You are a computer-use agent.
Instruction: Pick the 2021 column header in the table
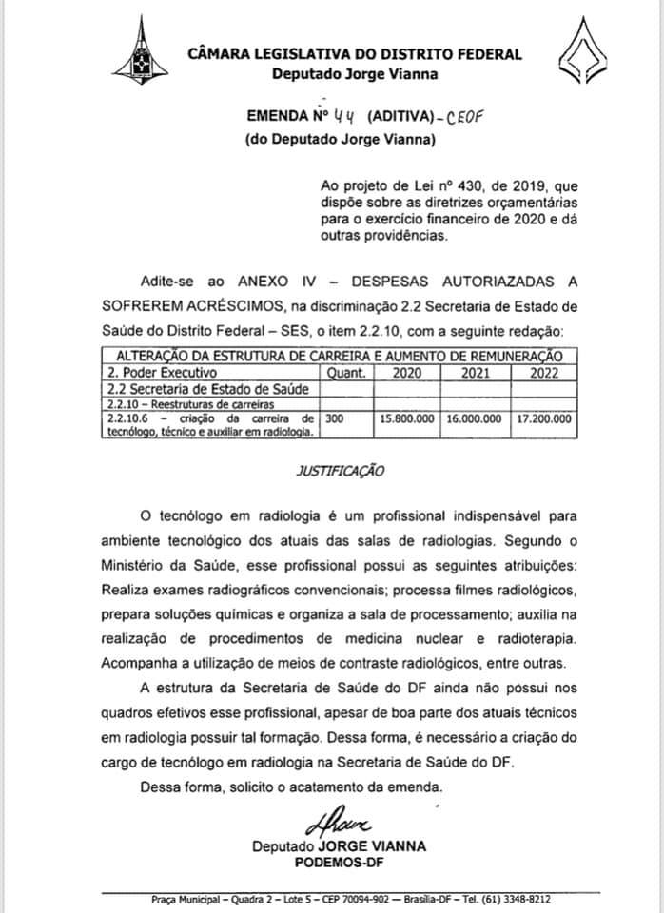[x=475, y=372]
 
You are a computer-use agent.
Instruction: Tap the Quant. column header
[x=346, y=372]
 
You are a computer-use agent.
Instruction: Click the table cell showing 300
[x=334, y=417]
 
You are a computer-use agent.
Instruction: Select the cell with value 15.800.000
[x=408, y=418]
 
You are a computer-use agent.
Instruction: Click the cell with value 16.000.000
[x=476, y=418]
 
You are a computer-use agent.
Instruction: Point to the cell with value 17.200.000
[x=543, y=418]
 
